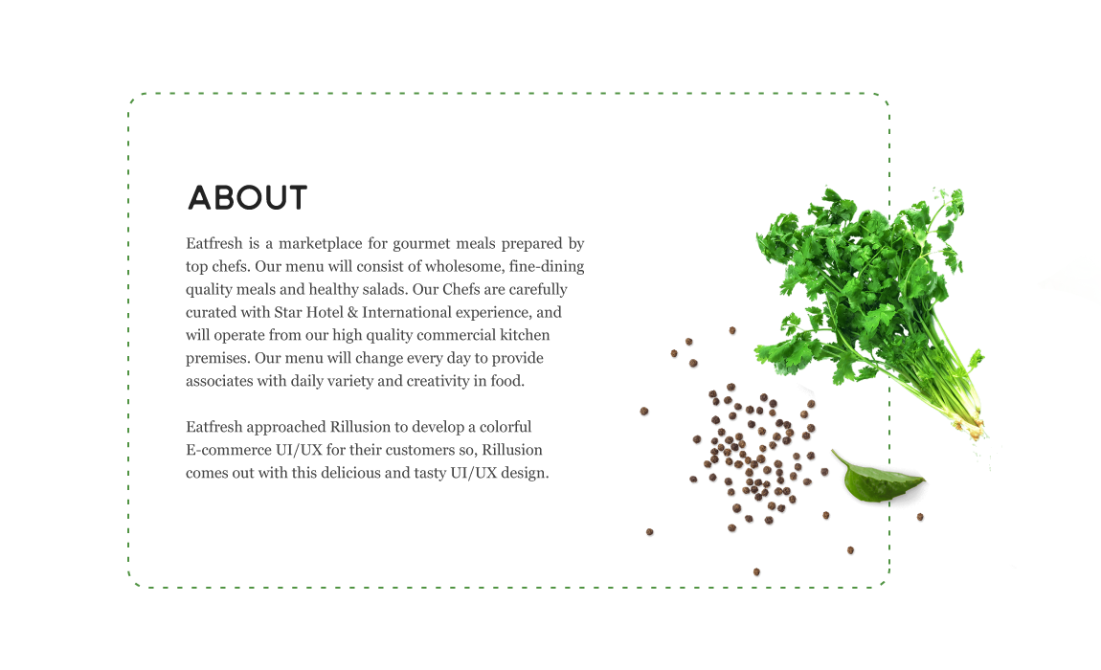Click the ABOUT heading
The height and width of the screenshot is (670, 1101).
[247, 198]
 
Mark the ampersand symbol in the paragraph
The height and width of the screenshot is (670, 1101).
[361, 313]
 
